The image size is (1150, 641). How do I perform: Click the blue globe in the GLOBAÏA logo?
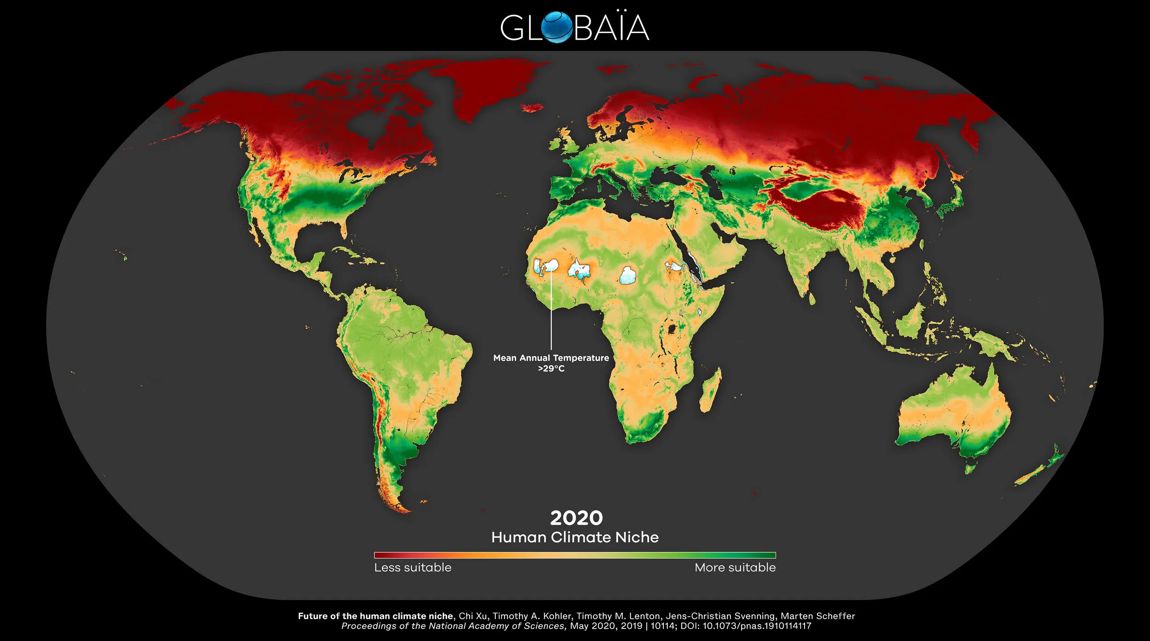pyautogui.click(x=558, y=28)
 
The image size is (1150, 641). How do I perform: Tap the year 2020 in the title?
pyautogui.click(x=576, y=518)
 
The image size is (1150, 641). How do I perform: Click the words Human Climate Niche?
pyautogui.click(x=575, y=537)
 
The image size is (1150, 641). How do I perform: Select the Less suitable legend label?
pyautogui.click(x=413, y=568)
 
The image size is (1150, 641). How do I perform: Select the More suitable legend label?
pyautogui.click(x=735, y=568)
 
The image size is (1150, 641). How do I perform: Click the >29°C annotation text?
pyautogui.click(x=551, y=369)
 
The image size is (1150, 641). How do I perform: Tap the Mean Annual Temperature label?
pyautogui.click(x=551, y=358)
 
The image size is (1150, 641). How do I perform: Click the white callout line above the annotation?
pyautogui.click(x=551, y=313)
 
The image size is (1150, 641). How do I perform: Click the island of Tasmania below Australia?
pyautogui.click(x=970, y=469)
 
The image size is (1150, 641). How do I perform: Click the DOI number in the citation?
pyautogui.click(x=757, y=626)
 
